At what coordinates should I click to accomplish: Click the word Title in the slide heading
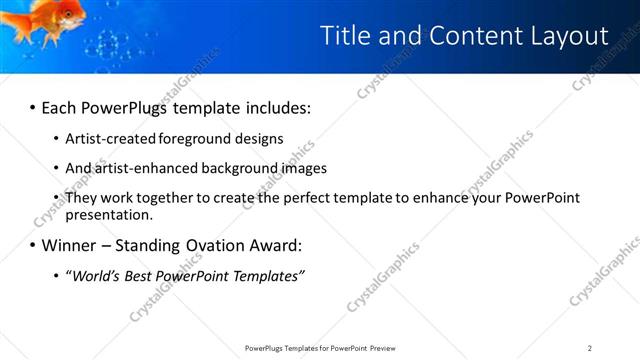344,36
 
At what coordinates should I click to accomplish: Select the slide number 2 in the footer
590,348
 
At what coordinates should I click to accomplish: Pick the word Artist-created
104,139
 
